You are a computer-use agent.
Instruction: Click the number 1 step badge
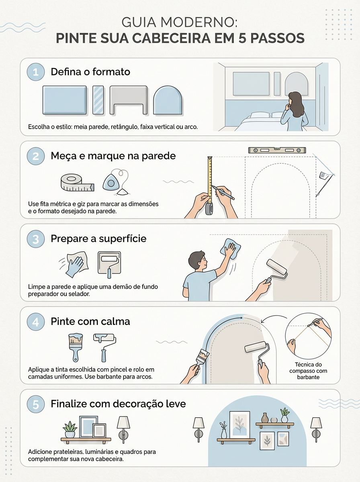click(x=36, y=72)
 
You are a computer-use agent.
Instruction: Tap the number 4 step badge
click(x=36, y=322)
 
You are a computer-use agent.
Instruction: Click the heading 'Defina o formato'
click(x=90, y=72)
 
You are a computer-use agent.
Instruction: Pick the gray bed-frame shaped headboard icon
click(x=129, y=100)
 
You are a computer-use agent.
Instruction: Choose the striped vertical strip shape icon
click(x=98, y=100)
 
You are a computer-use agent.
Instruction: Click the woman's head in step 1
click(x=295, y=99)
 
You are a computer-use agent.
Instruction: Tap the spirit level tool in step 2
click(x=277, y=150)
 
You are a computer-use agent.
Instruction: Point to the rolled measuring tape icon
click(x=77, y=182)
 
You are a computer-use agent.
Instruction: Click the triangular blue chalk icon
click(x=111, y=182)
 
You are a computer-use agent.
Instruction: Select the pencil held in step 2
click(x=223, y=192)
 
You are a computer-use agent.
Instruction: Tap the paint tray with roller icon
click(x=109, y=264)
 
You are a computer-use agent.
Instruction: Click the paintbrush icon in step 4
click(x=76, y=347)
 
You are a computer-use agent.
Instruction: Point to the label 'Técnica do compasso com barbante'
click(x=308, y=371)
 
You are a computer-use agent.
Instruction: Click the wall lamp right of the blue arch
click(x=316, y=429)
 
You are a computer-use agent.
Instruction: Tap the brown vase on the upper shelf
click(x=265, y=418)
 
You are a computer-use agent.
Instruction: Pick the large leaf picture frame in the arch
click(x=239, y=425)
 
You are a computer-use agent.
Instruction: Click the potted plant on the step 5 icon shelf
click(x=70, y=429)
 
